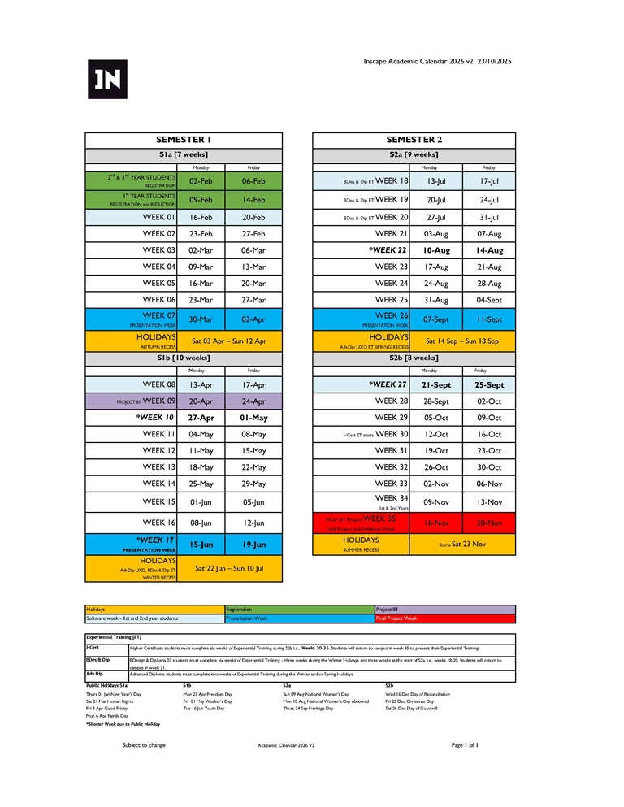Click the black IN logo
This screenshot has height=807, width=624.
[107, 79]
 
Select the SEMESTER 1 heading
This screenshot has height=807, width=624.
[184, 140]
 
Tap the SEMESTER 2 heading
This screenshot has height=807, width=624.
[414, 140]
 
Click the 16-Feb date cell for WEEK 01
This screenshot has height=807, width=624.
[201, 218]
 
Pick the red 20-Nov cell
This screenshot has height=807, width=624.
[488, 523]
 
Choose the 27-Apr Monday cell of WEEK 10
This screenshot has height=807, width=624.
[201, 418]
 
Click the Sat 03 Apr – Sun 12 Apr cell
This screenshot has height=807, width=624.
[229, 341]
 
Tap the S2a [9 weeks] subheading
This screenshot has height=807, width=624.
[414, 154]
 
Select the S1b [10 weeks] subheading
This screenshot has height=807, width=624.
[184, 358]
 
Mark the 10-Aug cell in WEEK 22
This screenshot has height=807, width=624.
[435, 250]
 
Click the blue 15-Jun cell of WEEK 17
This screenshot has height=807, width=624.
[201, 545]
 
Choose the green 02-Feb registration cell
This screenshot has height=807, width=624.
[201, 181]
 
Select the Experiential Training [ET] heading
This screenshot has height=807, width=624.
[114, 637]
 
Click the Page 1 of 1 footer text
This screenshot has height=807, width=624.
[465, 744]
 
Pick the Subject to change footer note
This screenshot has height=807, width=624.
[144, 744]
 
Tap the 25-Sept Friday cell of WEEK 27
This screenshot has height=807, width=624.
[488, 385]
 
